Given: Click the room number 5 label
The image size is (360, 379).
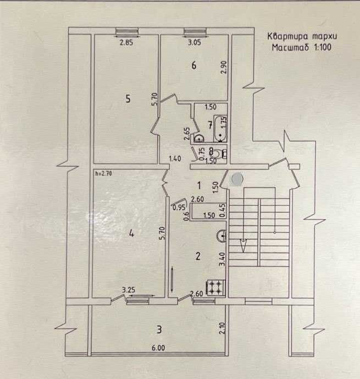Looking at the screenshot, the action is coord(128,98).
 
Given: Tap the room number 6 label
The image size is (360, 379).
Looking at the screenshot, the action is coord(194,65).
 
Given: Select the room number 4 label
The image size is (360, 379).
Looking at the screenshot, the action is coord(131,233).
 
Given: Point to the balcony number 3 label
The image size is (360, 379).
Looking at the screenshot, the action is coord(159,329).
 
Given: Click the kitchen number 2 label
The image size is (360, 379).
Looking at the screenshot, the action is coord(198,256).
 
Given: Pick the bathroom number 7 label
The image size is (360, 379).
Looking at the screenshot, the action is coord(210,125).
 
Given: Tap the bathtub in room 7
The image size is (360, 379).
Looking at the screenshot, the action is coord(220,129).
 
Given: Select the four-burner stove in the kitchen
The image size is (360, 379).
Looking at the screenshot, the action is coord(215,288).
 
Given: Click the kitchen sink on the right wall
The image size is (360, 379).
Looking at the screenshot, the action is coord(221,236).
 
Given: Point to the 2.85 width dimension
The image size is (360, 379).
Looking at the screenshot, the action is coord(126,43).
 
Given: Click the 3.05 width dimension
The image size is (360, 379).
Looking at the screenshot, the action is coord(195,42).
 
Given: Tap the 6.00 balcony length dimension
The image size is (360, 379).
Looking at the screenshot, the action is coord(158,348).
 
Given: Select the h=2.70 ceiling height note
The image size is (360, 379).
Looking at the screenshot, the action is coord(103,173).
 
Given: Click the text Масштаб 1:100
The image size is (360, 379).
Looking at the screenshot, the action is coord(301,47).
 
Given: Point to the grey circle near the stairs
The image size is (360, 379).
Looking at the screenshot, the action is coord(237,178).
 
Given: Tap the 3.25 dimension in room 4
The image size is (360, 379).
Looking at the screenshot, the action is coord(129,289).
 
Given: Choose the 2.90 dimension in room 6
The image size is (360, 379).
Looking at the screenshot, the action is coord(224,67).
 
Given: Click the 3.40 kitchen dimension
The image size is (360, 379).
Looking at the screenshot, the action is coord(222,259).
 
